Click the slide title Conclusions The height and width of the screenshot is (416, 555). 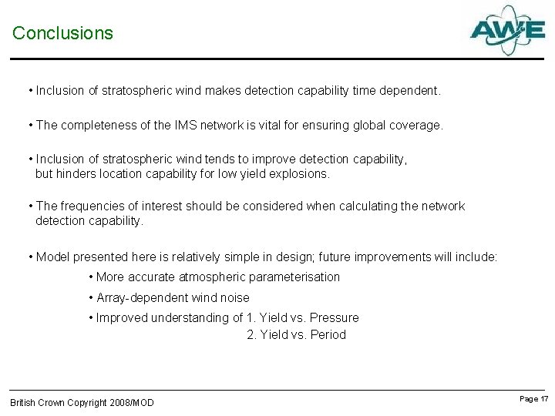click(x=62, y=33)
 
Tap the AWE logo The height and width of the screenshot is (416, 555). click(x=507, y=30)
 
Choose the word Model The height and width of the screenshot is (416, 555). click(x=53, y=257)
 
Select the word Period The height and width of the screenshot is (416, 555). click(x=328, y=334)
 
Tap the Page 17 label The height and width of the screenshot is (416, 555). click(x=534, y=398)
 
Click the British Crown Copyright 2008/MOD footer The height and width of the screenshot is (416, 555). click(x=82, y=402)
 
